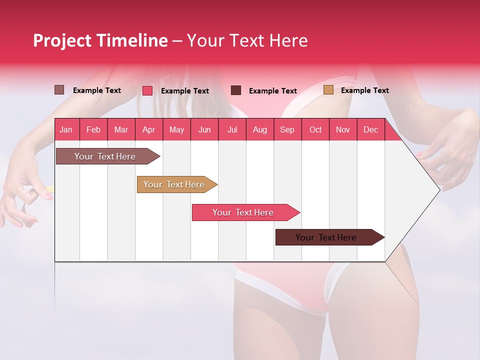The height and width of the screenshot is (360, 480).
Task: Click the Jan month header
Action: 66,129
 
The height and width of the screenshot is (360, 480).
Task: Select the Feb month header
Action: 93,129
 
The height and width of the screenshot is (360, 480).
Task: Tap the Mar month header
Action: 121,129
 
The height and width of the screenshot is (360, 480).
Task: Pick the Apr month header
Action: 149,129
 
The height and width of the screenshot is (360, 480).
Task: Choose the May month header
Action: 176,129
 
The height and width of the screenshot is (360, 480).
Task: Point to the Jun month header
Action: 204,129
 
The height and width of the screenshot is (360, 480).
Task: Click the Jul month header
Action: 232,129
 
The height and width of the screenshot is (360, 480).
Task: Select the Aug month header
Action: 260,129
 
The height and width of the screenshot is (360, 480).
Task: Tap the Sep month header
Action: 287,129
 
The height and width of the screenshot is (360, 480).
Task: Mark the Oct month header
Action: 315,129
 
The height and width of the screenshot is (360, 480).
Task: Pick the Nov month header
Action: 343,129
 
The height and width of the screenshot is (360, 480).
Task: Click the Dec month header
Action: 371,129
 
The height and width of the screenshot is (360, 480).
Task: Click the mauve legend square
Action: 59,90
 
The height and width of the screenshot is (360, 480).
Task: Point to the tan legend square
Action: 328,90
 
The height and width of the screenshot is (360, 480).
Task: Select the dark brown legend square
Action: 236,90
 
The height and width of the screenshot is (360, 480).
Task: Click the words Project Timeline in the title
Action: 100,40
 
